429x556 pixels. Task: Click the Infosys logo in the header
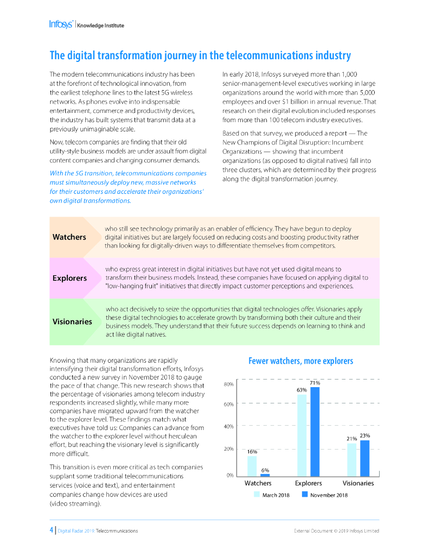tap(61, 24)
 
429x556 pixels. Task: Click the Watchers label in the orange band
tap(69, 237)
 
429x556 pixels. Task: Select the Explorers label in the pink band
tap(69, 278)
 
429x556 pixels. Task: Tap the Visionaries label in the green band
tap(72, 321)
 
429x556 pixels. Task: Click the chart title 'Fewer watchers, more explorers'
tap(300, 361)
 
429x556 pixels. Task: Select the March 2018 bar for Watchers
tap(252, 465)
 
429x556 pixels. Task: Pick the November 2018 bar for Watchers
tap(265, 475)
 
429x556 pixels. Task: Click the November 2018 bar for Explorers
tap(315, 432)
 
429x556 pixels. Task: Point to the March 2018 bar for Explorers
tap(302, 435)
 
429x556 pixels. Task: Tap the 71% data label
tap(315, 383)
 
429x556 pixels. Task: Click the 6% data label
tap(265, 470)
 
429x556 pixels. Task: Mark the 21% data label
tap(351, 439)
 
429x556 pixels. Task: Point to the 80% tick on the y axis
tap(228, 385)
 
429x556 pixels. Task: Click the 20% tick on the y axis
tap(228, 449)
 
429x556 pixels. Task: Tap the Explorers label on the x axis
tap(308, 483)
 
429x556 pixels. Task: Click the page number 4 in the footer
tap(51, 530)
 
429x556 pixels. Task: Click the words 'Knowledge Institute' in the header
tap(100, 25)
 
